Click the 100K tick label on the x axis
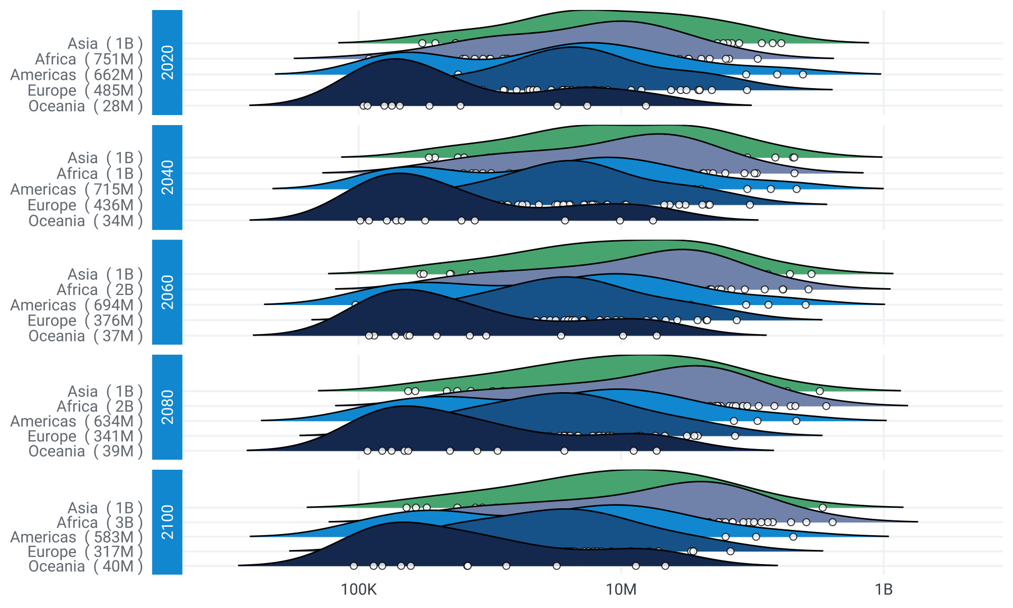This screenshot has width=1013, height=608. pyautogui.click(x=359, y=590)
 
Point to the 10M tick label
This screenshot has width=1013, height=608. pyautogui.click(x=621, y=590)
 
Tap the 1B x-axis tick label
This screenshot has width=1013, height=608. pyautogui.click(x=883, y=590)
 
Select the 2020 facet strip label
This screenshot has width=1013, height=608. pyautogui.click(x=167, y=62)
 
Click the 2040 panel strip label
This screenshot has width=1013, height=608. pyautogui.click(x=167, y=177)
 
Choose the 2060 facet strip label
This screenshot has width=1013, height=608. pyautogui.click(x=167, y=292)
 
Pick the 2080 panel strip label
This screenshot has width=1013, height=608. pyautogui.click(x=167, y=407)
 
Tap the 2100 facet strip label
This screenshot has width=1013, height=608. pyautogui.click(x=167, y=522)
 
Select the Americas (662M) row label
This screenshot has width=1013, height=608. pyautogui.click(x=77, y=75)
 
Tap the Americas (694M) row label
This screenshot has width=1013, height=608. pyautogui.click(x=77, y=305)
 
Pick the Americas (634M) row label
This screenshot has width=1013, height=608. pyautogui.click(x=77, y=421)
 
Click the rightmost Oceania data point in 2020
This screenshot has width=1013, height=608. pyautogui.click(x=646, y=106)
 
